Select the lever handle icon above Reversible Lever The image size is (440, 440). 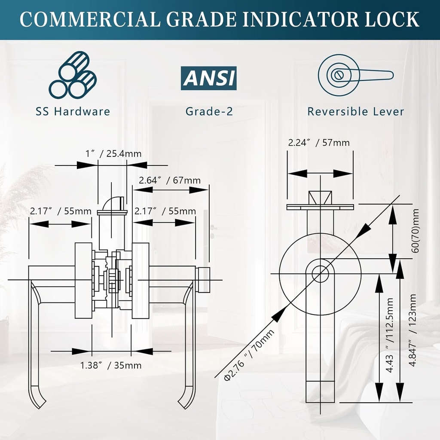355,75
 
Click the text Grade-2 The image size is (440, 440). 209,112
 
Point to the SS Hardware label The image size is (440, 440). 73,112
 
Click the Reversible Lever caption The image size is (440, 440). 355,112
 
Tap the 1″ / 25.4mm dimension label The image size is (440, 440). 113,153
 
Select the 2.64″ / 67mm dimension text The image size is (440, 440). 170,180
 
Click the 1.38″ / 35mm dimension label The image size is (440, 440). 111,366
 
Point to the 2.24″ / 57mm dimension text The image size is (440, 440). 319,143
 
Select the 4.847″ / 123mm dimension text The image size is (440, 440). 413,330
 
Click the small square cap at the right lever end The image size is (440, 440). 205,280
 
